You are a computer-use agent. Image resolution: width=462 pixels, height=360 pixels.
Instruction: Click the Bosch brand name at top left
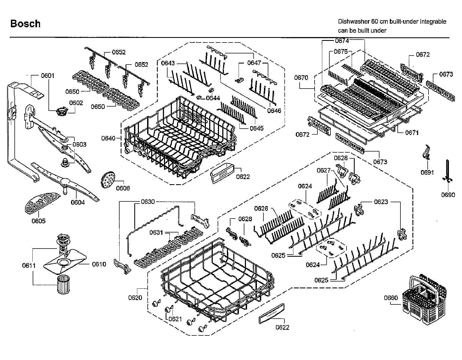click(25, 24)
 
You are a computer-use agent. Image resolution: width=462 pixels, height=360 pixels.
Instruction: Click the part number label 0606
click(123, 188)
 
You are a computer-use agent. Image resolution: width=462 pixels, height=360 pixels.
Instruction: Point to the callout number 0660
click(391, 298)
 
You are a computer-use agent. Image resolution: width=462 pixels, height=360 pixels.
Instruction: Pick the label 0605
click(38, 221)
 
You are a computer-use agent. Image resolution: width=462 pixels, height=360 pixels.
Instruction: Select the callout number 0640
click(108, 138)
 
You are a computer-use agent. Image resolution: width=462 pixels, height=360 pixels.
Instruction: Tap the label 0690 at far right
click(448, 195)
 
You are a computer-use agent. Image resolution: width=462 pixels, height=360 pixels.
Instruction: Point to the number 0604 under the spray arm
click(78, 202)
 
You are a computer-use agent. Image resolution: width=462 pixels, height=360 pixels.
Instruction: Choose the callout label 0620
click(135, 298)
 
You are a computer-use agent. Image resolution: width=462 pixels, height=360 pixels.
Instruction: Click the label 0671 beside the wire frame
click(412, 133)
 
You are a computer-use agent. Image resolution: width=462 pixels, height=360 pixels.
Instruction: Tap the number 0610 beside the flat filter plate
click(99, 264)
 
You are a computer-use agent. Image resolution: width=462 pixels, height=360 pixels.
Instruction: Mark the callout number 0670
click(301, 78)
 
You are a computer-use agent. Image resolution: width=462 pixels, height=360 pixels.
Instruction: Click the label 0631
click(156, 232)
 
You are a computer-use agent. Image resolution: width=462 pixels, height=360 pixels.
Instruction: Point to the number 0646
click(274, 111)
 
